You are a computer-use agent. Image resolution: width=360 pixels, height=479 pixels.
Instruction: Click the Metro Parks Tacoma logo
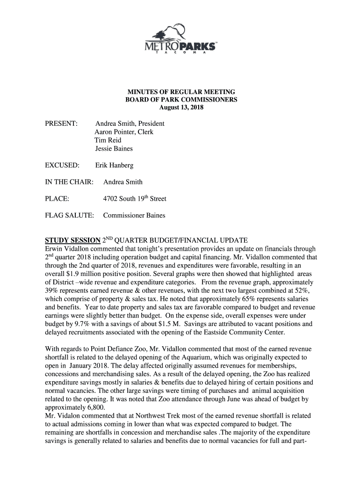click(x=180, y=40)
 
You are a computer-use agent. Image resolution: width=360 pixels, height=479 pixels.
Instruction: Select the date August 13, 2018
click(x=180, y=108)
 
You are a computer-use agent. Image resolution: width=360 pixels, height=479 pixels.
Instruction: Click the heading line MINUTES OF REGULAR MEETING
click(x=180, y=92)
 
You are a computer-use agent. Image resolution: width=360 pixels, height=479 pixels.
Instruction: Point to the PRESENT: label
click(x=61, y=124)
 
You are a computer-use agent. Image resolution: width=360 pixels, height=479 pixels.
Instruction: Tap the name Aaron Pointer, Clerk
click(x=124, y=132)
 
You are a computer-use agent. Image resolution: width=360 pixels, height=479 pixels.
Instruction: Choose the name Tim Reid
click(x=108, y=140)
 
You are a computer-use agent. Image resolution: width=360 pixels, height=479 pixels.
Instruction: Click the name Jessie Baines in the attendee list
click(x=114, y=149)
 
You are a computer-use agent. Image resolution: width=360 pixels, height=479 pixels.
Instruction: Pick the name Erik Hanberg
click(x=114, y=166)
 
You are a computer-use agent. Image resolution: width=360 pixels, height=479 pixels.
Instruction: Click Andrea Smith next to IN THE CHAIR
click(x=123, y=182)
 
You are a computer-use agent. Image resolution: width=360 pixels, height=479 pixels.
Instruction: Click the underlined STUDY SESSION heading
click(x=72, y=241)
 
